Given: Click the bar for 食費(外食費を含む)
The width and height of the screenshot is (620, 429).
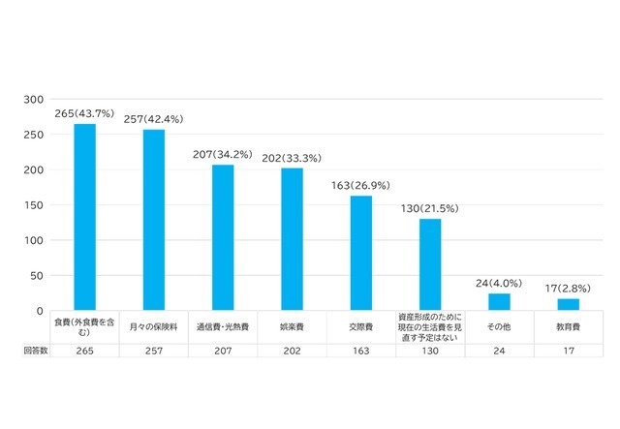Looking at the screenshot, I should [x=84, y=217].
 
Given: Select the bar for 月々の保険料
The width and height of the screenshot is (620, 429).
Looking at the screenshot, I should [x=153, y=220].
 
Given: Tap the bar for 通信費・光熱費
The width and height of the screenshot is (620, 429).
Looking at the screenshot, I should [x=223, y=237].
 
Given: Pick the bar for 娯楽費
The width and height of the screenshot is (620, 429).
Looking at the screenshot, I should [x=292, y=239].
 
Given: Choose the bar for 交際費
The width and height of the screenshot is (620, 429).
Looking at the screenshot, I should [x=361, y=253].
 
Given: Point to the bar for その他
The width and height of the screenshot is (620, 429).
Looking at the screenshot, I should [x=500, y=301].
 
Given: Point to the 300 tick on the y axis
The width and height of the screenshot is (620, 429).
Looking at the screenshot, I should [x=34, y=100].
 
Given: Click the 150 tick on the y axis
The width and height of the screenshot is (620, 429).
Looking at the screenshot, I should [x=34, y=205].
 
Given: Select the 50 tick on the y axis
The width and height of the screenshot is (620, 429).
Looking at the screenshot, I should [x=37, y=275].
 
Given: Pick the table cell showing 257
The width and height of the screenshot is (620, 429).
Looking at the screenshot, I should [x=153, y=352].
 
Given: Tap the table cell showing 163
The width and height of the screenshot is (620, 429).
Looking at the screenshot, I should [x=361, y=352].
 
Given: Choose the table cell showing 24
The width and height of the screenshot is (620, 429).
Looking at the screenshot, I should [x=500, y=352].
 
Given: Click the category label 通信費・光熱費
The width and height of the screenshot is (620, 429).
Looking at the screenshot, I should [x=223, y=327].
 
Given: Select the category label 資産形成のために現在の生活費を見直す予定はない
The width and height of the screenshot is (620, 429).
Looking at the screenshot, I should [x=430, y=326].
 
